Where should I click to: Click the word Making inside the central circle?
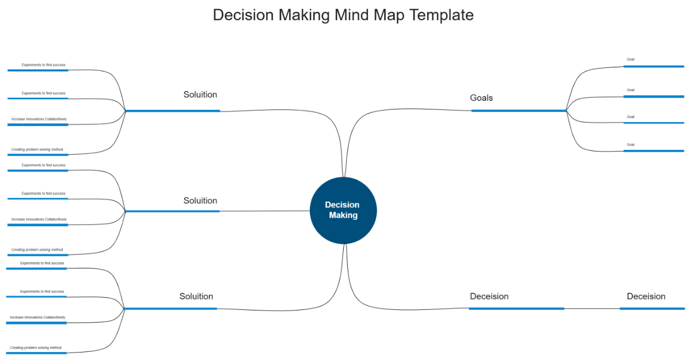(x=343, y=215)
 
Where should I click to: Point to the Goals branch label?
(x=481, y=98)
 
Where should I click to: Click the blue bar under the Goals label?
(x=518, y=111)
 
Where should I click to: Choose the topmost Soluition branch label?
(x=200, y=94)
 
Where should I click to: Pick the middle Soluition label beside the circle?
(x=200, y=200)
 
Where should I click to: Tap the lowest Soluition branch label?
(x=196, y=296)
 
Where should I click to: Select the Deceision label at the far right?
(x=646, y=296)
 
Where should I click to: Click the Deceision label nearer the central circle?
(x=489, y=296)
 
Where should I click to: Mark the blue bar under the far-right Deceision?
(x=652, y=309)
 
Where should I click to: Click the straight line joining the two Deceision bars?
(x=592, y=309)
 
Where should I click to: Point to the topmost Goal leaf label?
(x=631, y=59)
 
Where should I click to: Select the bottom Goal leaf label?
(x=631, y=145)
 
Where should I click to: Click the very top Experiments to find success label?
(x=44, y=65)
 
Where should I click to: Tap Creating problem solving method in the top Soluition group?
(x=37, y=150)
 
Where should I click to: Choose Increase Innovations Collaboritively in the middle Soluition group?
(x=39, y=219)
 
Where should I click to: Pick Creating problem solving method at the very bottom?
(x=36, y=348)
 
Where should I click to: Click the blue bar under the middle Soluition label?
(x=172, y=211)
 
